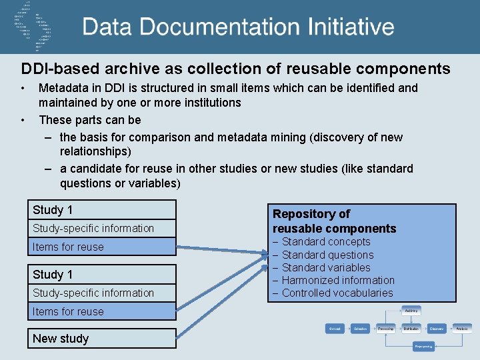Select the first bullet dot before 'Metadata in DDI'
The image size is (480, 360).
coord(23,88)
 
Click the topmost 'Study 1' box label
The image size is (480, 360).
coord(53,210)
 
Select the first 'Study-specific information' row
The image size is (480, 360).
coord(93,228)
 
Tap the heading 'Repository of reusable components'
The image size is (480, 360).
coord(334,221)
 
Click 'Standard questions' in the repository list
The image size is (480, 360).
coord(327,255)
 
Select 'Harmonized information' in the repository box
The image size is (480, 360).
coord(338,280)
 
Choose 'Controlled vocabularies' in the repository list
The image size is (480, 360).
coord(337,293)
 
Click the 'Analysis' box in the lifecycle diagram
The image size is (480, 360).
coord(462,329)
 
